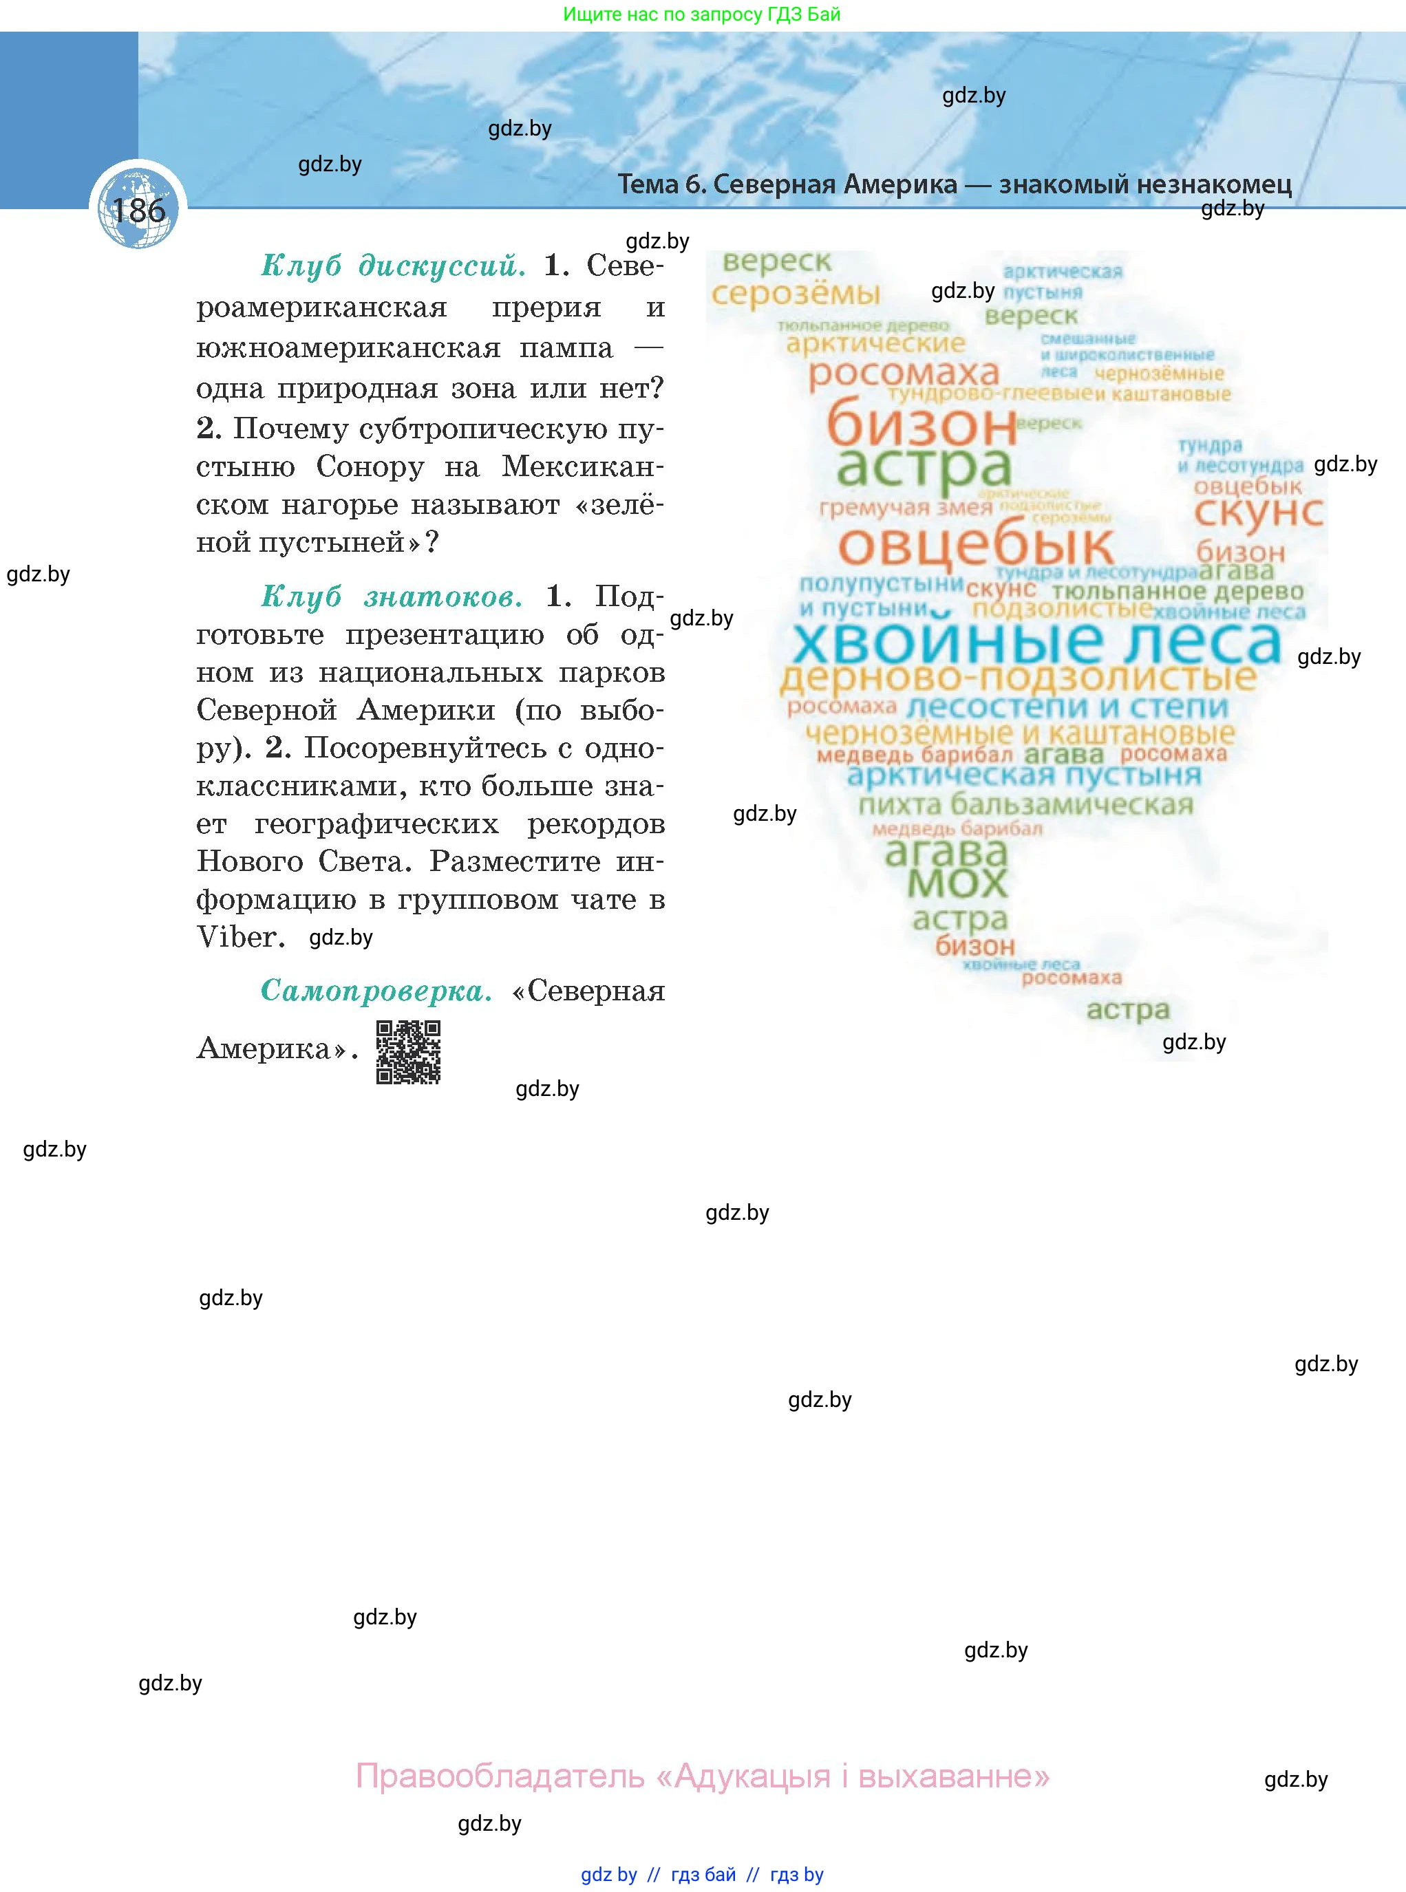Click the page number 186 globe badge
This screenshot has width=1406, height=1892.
pos(138,209)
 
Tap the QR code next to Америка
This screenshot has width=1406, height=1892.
pos(409,1053)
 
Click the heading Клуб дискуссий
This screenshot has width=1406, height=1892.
pos(393,266)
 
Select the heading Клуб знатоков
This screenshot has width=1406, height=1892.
pos(392,596)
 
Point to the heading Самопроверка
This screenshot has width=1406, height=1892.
pos(376,990)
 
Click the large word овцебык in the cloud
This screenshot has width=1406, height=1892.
pos(975,546)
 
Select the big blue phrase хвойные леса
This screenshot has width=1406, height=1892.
pos(1036,643)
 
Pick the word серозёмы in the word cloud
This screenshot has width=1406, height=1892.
pos(795,294)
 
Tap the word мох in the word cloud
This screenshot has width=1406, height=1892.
pos(957,883)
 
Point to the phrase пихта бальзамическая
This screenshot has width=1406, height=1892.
pos(1025,804)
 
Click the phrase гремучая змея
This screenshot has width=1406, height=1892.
pos(906,508)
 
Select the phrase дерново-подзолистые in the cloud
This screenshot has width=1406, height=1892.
pos(1018,678)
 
